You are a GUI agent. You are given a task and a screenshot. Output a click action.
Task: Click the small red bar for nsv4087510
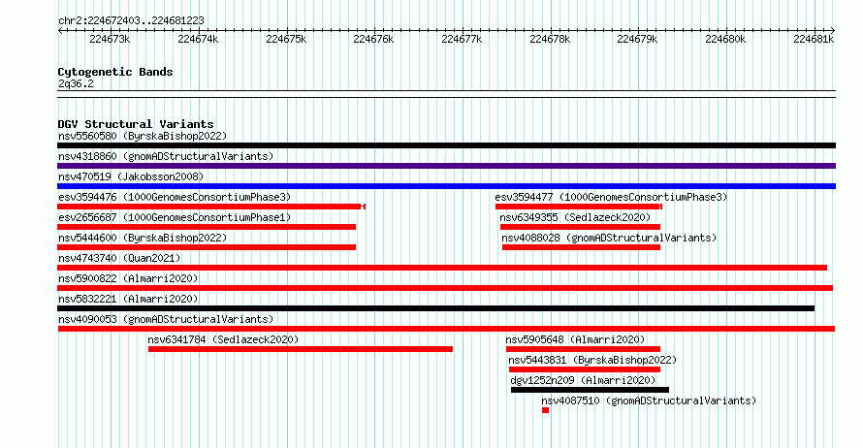[545, 410]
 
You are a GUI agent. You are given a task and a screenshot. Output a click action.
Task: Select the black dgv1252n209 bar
[590, 390]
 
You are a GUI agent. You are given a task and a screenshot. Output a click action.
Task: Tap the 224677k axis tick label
[462, 40]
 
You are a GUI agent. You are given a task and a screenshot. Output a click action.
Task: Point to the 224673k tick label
[110, 40]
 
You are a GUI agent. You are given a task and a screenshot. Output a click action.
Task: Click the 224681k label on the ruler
[814, 40]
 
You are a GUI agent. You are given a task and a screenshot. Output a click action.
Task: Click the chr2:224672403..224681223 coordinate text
[131, 21]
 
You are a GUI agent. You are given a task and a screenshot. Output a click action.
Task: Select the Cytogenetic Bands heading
[115, 72]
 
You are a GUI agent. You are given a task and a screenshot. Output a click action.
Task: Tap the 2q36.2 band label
[76, 83]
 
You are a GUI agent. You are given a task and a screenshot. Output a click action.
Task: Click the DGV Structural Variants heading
[136, 124]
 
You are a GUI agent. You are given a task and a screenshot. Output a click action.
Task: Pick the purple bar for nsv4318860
[446, 166]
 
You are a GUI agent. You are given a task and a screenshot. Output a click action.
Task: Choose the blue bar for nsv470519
[446, 186]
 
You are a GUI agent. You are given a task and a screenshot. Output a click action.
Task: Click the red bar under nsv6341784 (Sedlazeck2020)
[301, 349]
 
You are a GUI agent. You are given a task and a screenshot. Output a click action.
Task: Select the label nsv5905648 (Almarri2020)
[575, 339]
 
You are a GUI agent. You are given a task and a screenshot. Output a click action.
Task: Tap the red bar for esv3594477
[579, 207]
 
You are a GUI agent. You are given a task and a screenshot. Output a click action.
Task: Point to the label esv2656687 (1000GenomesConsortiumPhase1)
[175, 217]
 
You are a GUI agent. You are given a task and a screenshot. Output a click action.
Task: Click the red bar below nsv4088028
[581, 247]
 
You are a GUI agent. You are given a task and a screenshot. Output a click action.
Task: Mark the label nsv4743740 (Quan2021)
[119, 258]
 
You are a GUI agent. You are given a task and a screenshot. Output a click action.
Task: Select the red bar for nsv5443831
[585, 369]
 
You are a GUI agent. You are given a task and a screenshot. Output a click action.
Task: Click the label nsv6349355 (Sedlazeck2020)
[575, 217]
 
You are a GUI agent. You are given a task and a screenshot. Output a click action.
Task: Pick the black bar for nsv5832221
[436, 308]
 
